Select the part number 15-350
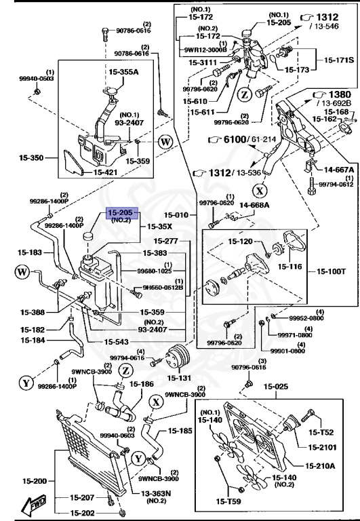[31, 158]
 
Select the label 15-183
[31, 252]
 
